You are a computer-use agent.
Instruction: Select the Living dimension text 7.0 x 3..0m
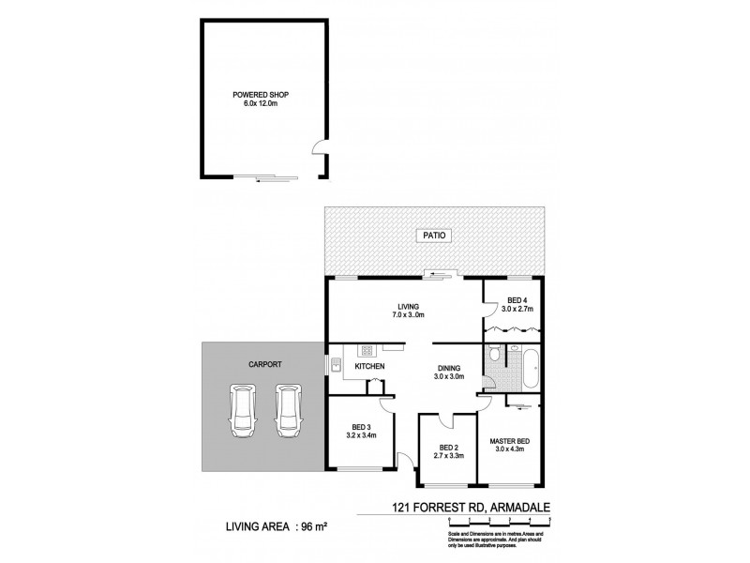[x=406, y=315]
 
